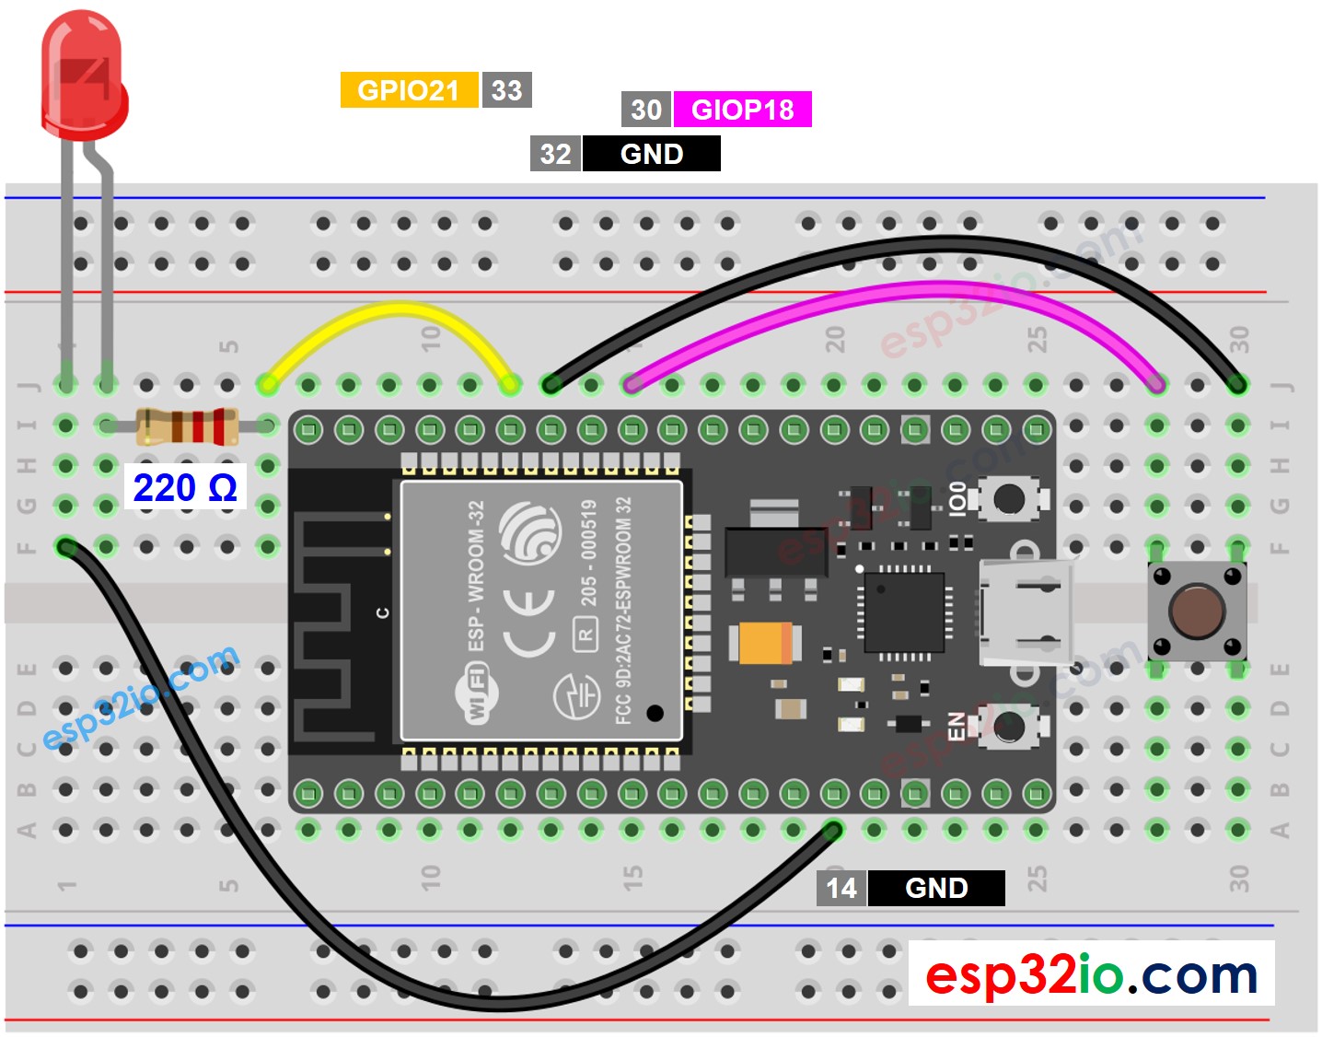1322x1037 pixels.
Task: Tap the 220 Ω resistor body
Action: pos(187,426)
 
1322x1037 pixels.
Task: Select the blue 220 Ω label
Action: pos(185,487)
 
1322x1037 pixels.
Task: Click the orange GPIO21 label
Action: pos(409,90)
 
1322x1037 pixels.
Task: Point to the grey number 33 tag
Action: pos(506,90)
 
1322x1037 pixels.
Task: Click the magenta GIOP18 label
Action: pos(742,110)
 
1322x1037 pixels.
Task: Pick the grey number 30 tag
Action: pos(646,110)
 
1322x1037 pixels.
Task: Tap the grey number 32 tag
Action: pos(555,154)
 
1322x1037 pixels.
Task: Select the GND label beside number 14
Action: pos(936,888)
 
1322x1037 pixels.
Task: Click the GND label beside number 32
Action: pos(652,154)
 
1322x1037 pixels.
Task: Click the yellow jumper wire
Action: pos(387,313)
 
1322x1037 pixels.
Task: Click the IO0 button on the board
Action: pos(1009,499)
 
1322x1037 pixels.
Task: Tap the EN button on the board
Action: pos(1009,727)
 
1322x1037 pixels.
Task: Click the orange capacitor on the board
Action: pos(764,643)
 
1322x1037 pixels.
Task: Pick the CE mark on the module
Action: pos(528,622)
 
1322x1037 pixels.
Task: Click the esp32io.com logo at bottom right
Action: pos(1091,973)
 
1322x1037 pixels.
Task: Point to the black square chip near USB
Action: pos(903,612)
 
